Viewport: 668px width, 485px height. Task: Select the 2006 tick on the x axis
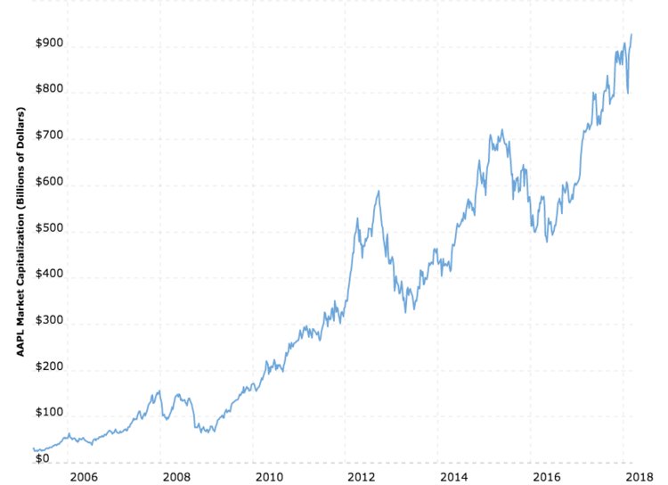point(83,477)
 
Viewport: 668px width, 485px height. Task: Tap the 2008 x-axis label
point(175,477)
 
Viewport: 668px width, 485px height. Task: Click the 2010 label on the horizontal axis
point(268,477)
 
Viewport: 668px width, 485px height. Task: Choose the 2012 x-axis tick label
point(361,477)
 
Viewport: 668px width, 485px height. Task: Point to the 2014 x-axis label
point(453,477)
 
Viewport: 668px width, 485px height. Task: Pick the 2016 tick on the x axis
point(546,477)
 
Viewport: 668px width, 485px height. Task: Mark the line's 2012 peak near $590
point(379,191)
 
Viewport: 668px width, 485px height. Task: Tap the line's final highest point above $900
point(631,35)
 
